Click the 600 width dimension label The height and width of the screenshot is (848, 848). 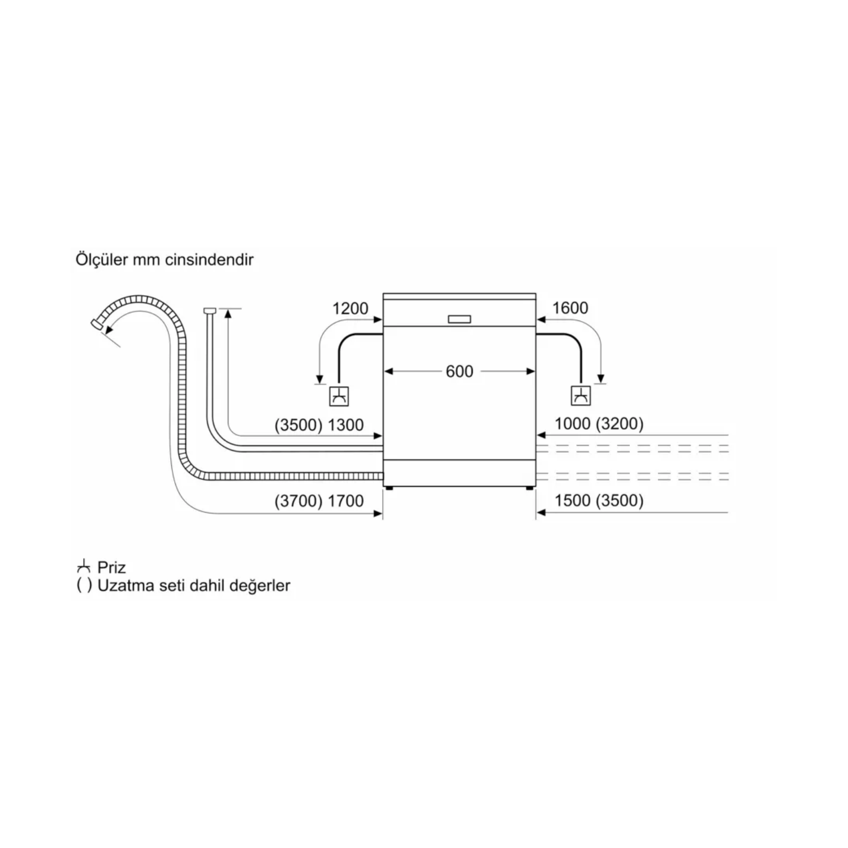click(459, 371)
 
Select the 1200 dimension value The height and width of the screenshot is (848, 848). click(350, 309)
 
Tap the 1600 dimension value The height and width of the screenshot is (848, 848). click(570, 308)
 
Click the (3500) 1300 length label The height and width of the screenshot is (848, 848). click(319, 425)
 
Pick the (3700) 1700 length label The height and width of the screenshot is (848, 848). click(319, 501)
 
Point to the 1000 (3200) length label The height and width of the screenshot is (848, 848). click(599, 424)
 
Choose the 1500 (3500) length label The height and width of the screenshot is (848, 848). click(599, 500)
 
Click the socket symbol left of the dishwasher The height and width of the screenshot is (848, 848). click(339, 396)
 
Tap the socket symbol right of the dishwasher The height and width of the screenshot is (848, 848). click(581, 396)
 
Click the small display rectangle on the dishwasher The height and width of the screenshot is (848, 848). click(459, 319)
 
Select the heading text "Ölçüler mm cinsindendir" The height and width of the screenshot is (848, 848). click(165, 260)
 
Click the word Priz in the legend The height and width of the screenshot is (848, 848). click(111, 568)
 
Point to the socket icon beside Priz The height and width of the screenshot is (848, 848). click(84, 566)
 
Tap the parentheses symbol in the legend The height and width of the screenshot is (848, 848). click(84, 586)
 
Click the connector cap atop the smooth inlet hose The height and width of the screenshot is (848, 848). click(209, 310)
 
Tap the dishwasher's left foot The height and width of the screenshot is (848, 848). click(388, 487)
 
